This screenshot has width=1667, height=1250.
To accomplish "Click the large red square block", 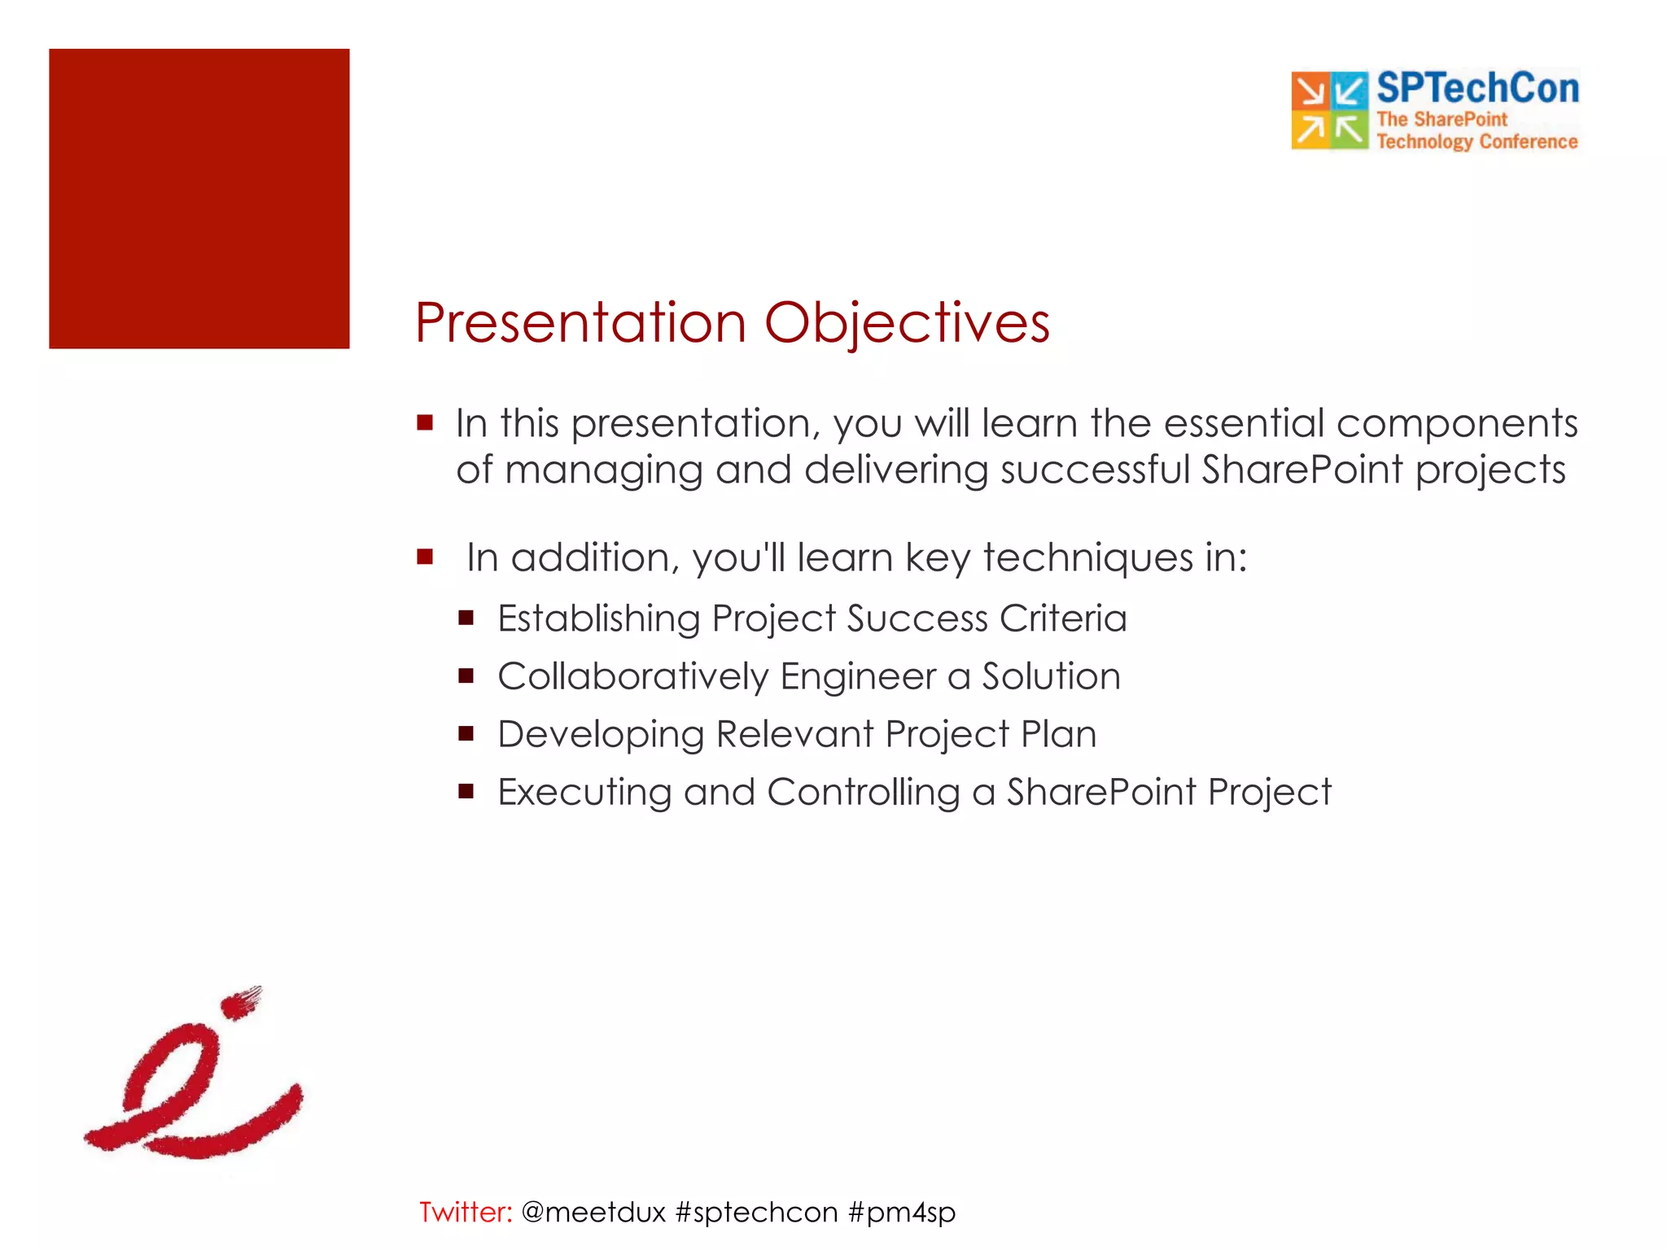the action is [199, 199].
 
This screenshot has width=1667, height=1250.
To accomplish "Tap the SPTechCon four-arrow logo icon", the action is [1330, 111].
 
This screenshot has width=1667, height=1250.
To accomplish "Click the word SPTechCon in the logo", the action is [1478, 88].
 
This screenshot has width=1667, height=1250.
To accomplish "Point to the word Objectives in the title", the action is [907, 324].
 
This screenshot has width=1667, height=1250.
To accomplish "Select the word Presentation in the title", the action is [580, 323].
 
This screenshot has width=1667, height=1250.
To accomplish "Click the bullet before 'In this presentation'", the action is [425, 422].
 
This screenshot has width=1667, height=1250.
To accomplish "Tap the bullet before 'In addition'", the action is [425, 557].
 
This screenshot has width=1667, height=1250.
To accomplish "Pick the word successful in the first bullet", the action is [1095, 470].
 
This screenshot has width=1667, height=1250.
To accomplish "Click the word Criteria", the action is [1063, 618].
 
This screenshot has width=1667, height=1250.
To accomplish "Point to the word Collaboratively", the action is [633, 677].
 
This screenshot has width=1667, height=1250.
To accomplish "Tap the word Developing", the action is [601, 735].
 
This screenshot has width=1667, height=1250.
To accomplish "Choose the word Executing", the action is [584, 793].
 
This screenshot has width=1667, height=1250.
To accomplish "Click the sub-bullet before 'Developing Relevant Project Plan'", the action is [466, 733].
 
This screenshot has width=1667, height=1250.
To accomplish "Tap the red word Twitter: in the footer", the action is [466, 1212].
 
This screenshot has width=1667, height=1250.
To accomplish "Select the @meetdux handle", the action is [593, 1213].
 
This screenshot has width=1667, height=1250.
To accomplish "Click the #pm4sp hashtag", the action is [902, 1213].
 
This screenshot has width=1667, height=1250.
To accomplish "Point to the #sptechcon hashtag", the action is [757, 1213].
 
